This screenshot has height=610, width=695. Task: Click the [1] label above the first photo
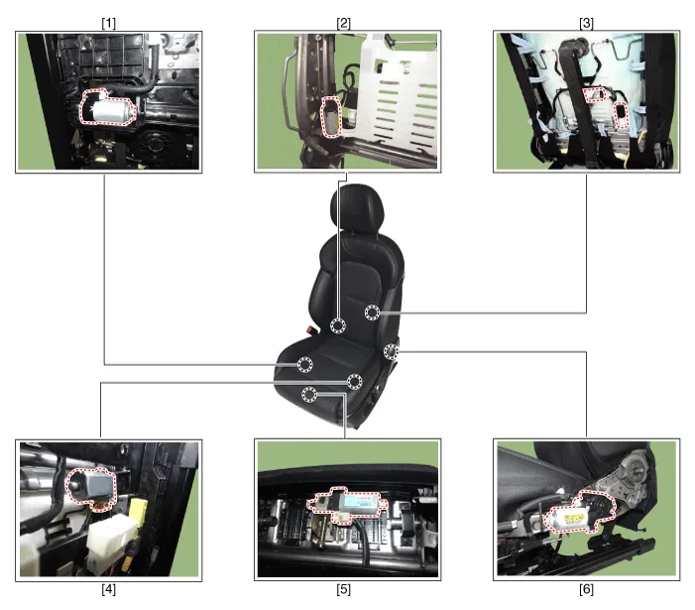(x=109, y=23)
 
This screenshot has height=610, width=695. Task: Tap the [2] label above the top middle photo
(x=343, y=23)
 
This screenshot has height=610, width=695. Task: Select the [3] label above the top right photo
(x=586, y=23)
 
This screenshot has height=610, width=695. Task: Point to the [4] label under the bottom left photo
(x=109, y=589)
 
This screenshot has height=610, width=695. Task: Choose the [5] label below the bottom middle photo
(x=343, y=589)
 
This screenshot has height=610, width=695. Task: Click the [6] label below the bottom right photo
(x=586, y=589)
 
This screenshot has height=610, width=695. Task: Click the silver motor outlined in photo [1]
(x=108, y=108)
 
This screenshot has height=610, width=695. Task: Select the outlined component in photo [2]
(x=331, y=116)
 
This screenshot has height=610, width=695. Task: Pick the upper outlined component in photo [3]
(x=594, y=94)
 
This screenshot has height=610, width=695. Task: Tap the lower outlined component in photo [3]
(x=622, y=115)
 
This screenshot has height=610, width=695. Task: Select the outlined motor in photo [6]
(x=579, y=513)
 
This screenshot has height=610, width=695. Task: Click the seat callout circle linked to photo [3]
(x=373, y=312)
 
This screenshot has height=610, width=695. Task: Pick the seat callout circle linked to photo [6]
(x=391, y=351)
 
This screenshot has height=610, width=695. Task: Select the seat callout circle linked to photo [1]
(x=304, y=364)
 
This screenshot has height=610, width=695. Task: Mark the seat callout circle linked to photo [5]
(x=309, y=394)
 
